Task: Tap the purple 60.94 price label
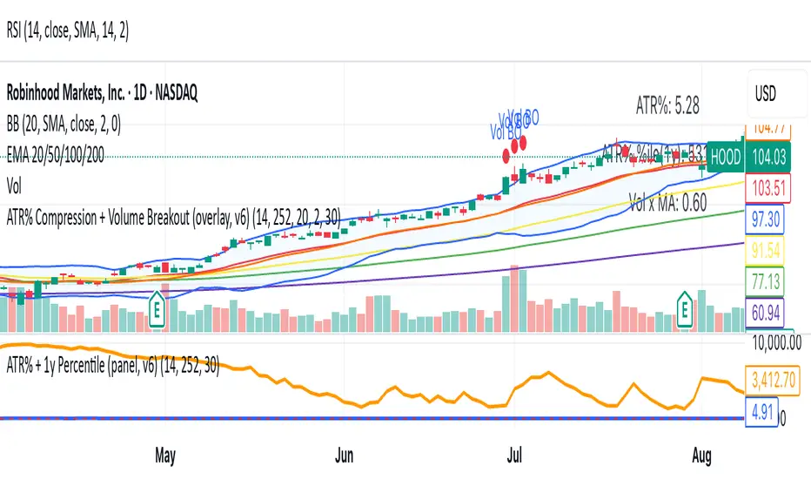point(774,310)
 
